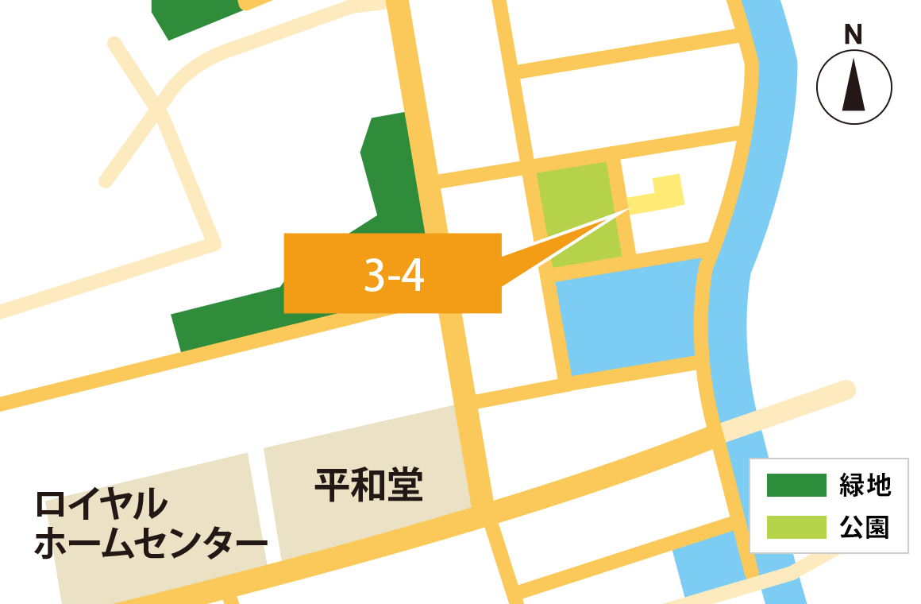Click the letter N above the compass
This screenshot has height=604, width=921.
tap(854, 35)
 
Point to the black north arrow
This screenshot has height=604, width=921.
tap(854, 87)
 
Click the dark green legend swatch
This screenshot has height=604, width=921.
tap(796, 485)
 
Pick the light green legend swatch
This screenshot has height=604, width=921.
tap(796, 527)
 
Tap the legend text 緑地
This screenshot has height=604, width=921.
tap(865, 485)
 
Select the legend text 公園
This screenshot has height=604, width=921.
tap(865, 527)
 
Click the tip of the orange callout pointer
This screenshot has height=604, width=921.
tap(628, 210)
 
